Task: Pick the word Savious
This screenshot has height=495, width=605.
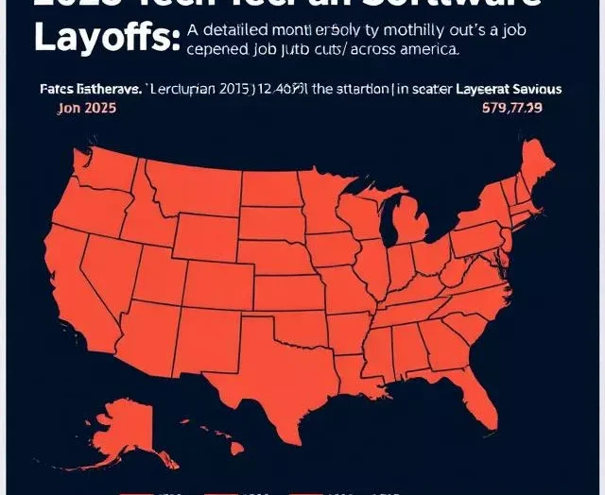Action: [532, 90]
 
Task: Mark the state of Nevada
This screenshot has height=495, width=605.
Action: [106, 265]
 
